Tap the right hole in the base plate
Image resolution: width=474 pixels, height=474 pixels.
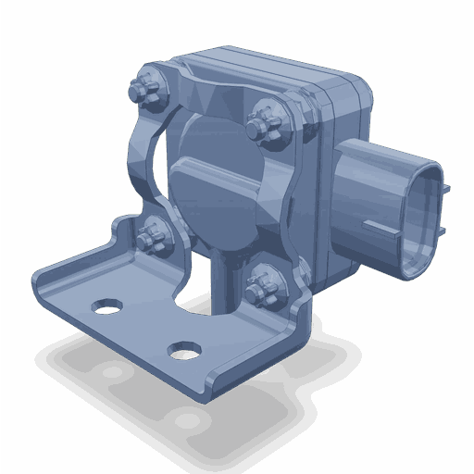click(183, 350)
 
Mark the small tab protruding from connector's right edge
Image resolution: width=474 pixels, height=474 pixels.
click(449, 190)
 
